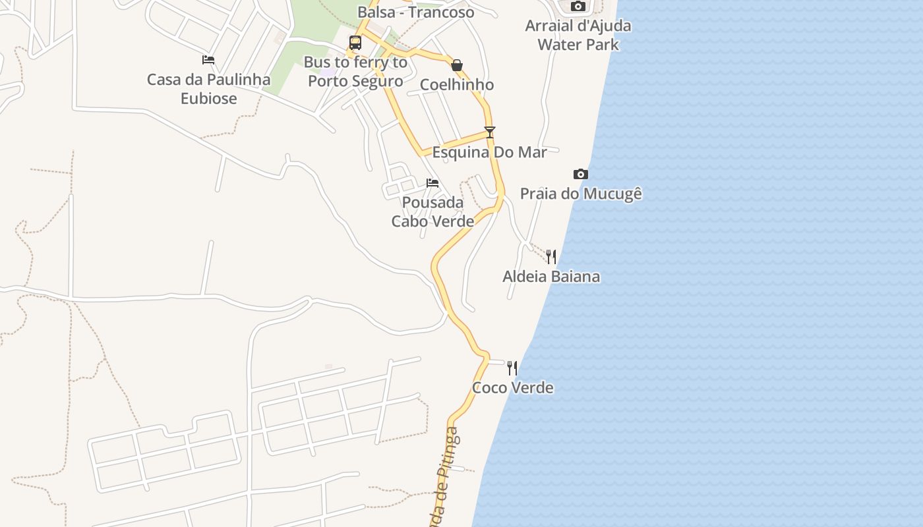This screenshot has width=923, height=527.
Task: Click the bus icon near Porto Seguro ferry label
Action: (x=355, y=43)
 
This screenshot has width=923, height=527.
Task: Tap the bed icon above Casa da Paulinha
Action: (x=208, y=60)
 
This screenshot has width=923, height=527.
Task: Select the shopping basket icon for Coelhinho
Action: (x=457, y=65)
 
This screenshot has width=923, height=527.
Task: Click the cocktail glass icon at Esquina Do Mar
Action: (x=489, y=132)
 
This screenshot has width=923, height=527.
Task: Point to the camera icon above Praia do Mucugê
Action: (x=580, y=174)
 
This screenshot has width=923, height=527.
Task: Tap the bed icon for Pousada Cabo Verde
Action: (x=432, y=182)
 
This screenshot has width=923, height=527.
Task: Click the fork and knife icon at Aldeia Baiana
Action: (x=551, y=256)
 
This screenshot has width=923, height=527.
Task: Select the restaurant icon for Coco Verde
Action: (x=512, y=368)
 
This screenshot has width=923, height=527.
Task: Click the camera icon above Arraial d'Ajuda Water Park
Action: (x=578, y=7)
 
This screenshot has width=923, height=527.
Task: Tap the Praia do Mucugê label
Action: (x=581, y=194)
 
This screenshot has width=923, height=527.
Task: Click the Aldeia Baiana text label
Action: (x=551, y=276)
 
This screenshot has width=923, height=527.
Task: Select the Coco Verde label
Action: (x=513, y=387)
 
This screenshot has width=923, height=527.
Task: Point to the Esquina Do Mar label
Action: (x=489, y=152)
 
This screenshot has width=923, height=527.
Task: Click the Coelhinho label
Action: (x=457, y=84)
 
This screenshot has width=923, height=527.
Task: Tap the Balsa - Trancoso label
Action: (x=415, y=12)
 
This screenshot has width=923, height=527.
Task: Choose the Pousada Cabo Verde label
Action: (x=432, y=211)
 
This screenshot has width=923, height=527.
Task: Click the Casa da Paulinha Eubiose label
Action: (x=208, y=89)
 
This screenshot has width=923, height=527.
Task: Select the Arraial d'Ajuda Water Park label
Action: (x=578, y=35)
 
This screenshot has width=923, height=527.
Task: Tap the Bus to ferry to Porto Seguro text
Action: (x=355, y=72)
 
